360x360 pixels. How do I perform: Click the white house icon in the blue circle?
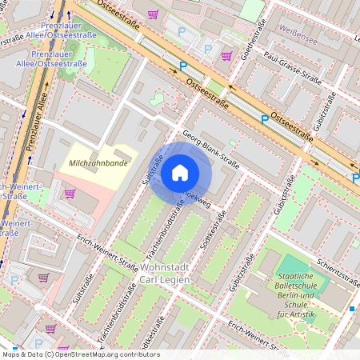point(180,173)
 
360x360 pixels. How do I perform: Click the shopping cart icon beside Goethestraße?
point(226,56)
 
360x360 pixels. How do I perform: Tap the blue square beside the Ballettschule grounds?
point(351,308)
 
